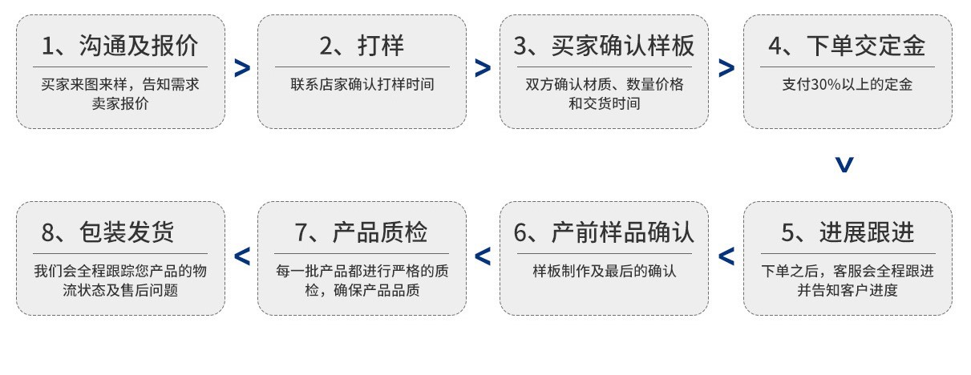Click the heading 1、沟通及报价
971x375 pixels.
(x=120, y=46)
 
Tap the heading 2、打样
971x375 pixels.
(x=362, y=46)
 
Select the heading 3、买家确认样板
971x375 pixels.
(x=604, y=46)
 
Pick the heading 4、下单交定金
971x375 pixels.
(x=847, y=46)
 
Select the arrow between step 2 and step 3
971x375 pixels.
(x=483, y=69)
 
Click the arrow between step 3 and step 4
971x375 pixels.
(x=726, y=69)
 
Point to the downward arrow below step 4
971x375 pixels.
(x=844, y=165)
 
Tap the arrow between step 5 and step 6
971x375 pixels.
(x=726, y=256)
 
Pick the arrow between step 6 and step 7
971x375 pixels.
(x=483, y=256)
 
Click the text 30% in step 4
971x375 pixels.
(x=825, y=84)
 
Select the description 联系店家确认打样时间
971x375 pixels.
(x=362, y=84)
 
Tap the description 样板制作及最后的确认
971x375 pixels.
(x=604, y=271)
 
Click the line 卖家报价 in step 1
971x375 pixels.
(x=120, y=103)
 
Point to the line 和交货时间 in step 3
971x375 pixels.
(x=604, y=103)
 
